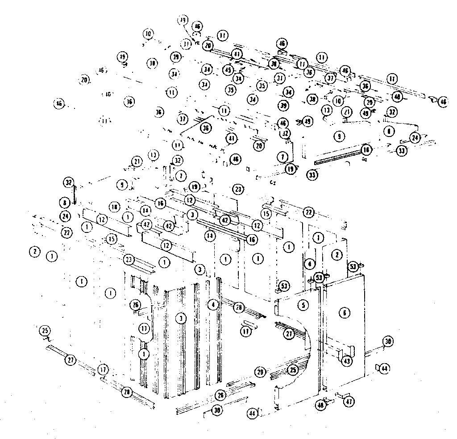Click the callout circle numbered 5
[303, 306]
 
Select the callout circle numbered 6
[344, 313]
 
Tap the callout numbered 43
[347, 361]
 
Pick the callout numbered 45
[228, 70]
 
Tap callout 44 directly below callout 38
[384, 369]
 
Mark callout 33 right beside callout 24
[402, 151]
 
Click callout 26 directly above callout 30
[220, 395]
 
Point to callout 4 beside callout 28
[214, 305]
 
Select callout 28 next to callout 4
[239, 307]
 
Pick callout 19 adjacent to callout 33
[291, 169]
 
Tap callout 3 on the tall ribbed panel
[180, 318]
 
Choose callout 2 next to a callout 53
[337, 254]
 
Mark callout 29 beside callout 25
[261, 372]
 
